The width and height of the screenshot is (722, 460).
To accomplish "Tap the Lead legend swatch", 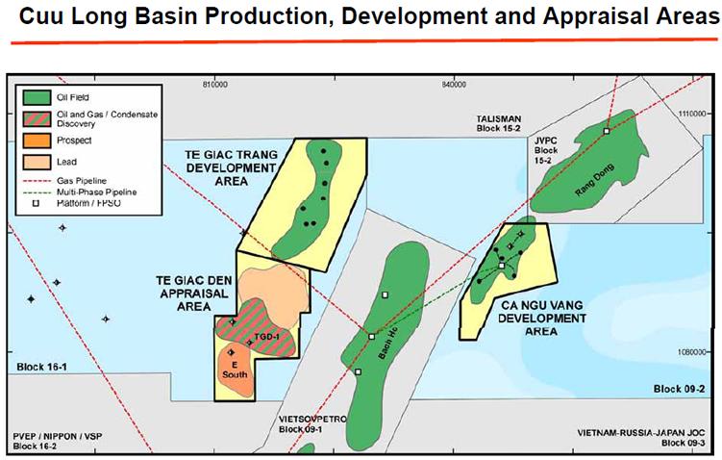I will coord(38,163).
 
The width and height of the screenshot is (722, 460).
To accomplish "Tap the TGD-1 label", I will coord(266,336).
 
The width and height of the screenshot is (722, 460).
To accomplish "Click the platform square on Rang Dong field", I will coord(606,131).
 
